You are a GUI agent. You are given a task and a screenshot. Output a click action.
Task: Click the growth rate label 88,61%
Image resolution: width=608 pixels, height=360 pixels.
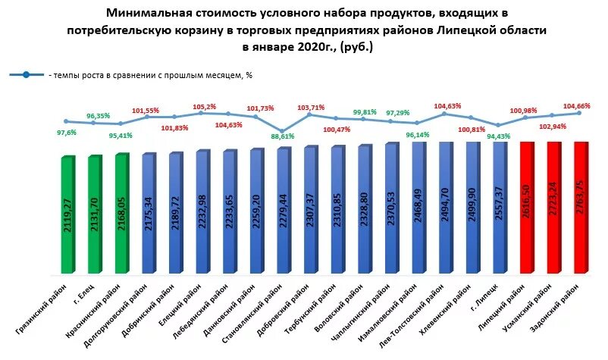[x=281, y=137]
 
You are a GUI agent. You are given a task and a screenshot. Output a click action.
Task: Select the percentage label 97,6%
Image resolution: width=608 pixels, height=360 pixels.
[x=67, y=133]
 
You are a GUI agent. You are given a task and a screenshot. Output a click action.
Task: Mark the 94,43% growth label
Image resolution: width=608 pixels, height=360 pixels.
[x=497, y=137]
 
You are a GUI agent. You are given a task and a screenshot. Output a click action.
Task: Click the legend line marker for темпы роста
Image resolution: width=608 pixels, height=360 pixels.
[x=26, y=75]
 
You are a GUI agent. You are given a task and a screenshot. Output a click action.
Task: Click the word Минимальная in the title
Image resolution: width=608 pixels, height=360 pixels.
[x=144, y=14]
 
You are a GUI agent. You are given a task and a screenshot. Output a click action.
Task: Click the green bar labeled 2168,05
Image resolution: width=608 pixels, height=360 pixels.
[x=121, y=213]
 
